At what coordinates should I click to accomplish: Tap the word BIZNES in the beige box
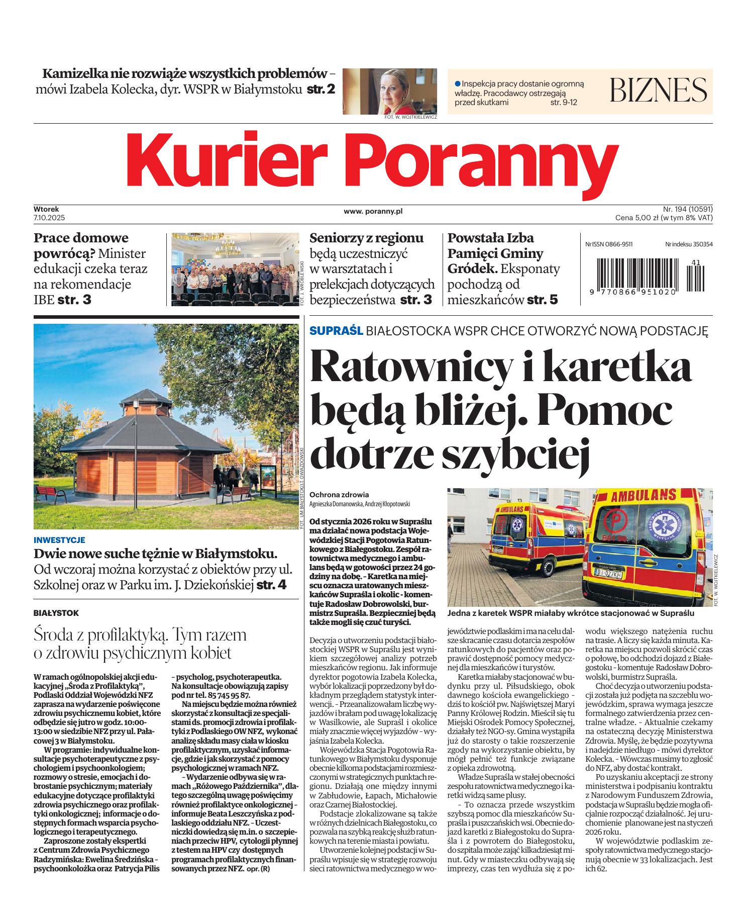[x=658, y=90]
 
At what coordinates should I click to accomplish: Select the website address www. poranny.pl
[x=373, y=212]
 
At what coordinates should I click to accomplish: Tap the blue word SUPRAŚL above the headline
[x=336, y=331]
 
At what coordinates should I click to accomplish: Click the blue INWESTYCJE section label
[x=59, y=540]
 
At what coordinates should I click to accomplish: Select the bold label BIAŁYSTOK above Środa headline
[x=56, y=613]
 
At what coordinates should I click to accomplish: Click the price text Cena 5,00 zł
[x=637, y=218]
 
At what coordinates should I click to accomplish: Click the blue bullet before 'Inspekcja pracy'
[x=457, y=83]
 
